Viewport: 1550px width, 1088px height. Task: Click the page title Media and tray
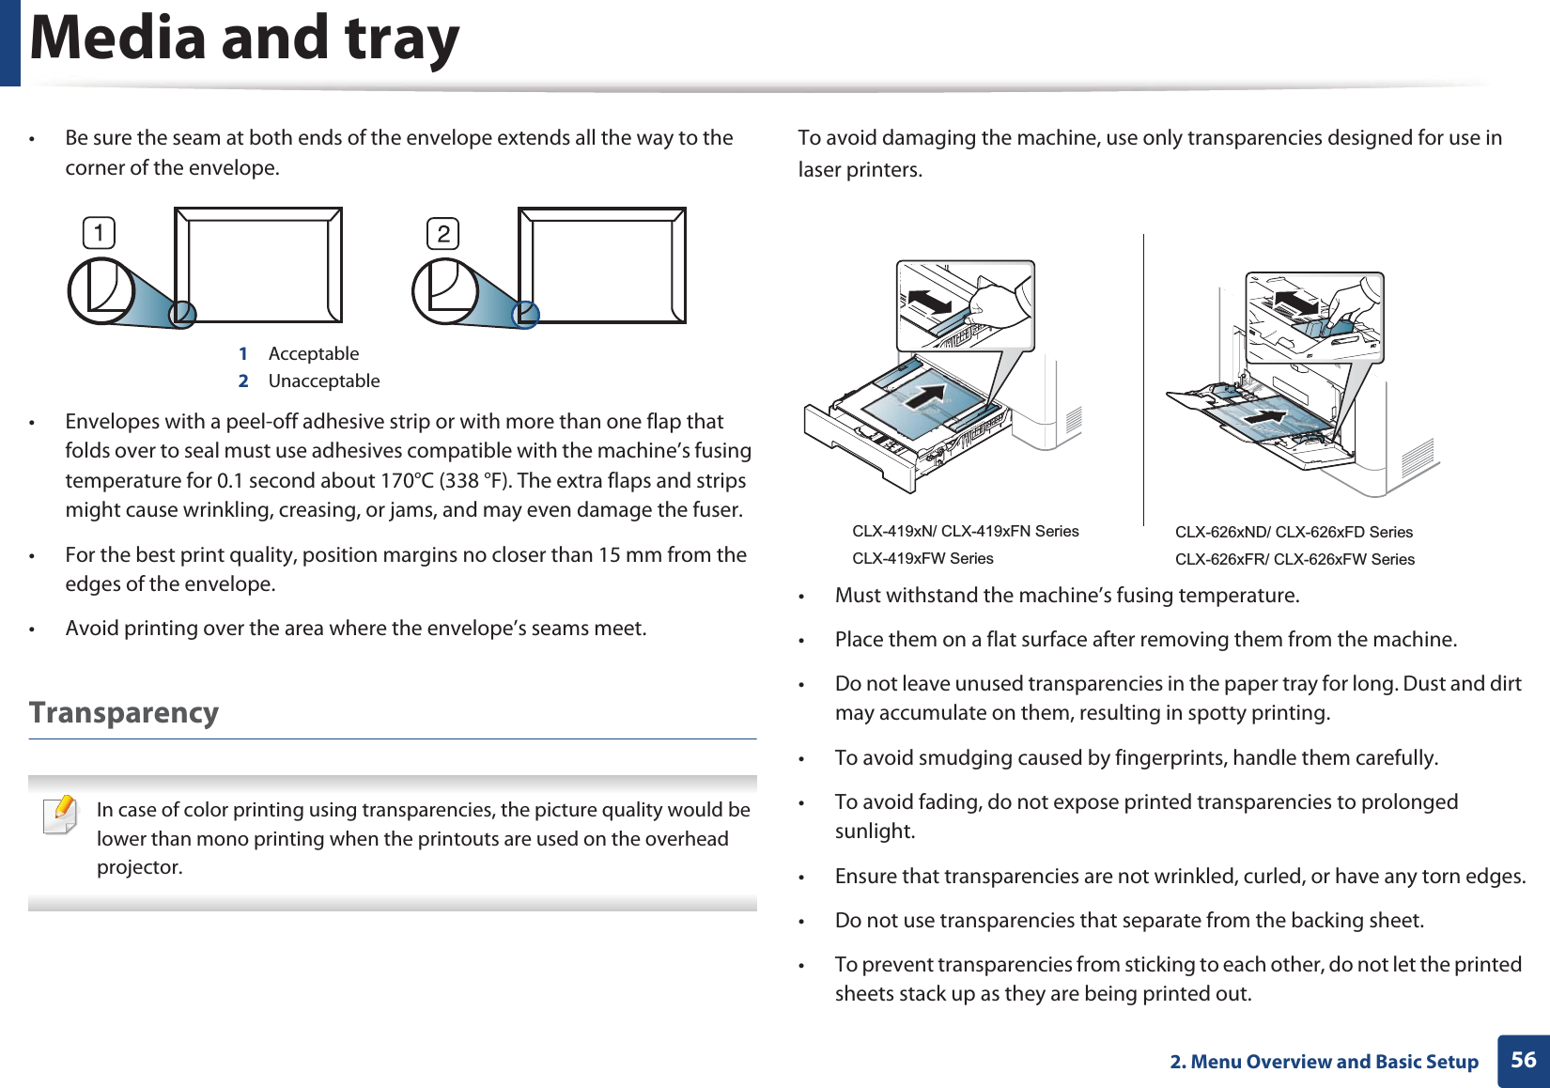pos(244,39)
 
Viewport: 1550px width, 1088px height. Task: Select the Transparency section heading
pos(124,713)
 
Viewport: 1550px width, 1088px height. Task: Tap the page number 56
pos(1523,1060)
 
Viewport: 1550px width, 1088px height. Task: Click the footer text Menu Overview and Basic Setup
pos(1334,1062)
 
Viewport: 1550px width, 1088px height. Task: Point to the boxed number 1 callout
pos(99,232)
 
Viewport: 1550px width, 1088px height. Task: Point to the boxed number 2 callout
pos(443,233)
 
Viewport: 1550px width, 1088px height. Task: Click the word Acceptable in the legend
pos(314,354)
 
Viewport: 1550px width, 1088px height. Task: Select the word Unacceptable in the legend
pos(324,381)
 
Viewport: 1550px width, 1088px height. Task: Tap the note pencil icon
pos(61,814)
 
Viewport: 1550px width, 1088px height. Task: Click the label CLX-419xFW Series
pos(922,559)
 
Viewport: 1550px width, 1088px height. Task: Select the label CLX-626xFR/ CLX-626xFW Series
pos(1294,560)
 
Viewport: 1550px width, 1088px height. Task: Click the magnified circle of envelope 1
pos(101,290)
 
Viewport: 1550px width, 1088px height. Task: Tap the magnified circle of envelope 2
pos(445,290)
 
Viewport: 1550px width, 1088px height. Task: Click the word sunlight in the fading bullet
pos(874,832)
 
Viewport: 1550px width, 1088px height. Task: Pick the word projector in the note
pos(139,867)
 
